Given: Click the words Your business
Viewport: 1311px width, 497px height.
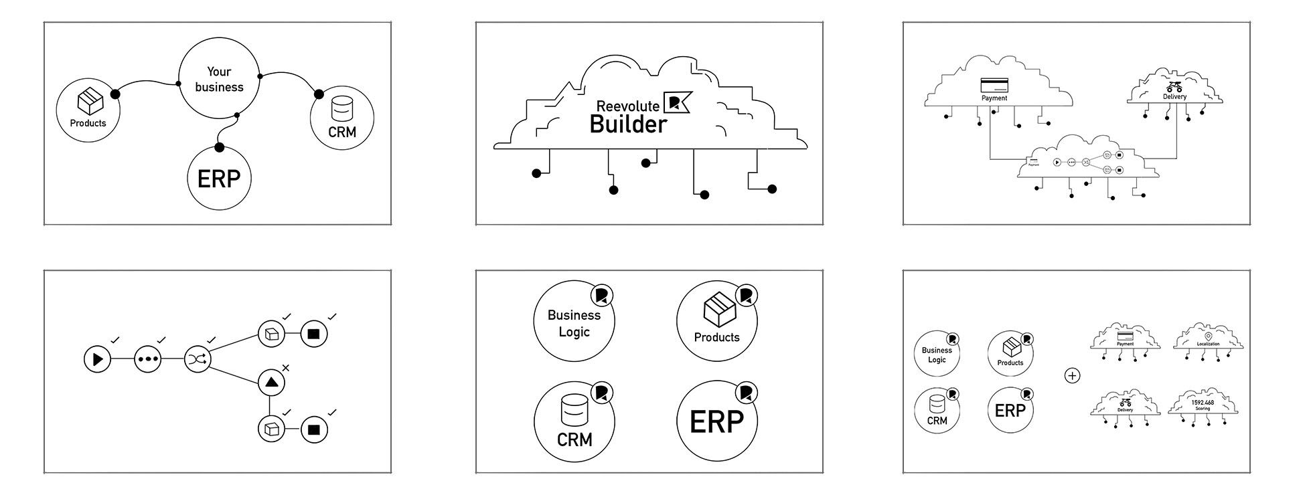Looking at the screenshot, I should [x=219, y=80].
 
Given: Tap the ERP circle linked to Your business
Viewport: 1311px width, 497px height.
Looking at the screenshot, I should [x=219, y=179].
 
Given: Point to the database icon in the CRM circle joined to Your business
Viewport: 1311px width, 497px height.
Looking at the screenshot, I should [x=342, y=108].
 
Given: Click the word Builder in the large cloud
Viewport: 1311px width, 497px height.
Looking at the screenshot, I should [x=628, y=124].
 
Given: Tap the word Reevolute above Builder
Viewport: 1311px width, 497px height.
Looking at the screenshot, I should [x=627, y=106].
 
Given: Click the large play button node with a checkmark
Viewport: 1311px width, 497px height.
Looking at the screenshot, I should [x=97, y=359].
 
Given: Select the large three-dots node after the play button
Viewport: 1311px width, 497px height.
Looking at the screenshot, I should [x=147, y=359].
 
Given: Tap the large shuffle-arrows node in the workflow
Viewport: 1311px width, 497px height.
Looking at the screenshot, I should [x=198, y=359].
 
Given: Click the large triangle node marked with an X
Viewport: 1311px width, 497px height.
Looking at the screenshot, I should [x=271, y=383].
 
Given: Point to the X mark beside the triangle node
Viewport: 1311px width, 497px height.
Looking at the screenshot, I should [x=286, y=367].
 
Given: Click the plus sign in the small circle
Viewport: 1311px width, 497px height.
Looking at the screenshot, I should [x=1072, y=376].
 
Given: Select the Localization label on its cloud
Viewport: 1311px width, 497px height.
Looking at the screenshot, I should [x=1208, y=344].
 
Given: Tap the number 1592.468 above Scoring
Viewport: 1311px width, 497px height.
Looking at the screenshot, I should [x=1203, y=403].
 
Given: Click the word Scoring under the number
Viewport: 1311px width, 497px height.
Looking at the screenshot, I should [x=1203, y=409].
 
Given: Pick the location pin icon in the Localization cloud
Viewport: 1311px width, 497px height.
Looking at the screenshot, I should [x=1208, y=336].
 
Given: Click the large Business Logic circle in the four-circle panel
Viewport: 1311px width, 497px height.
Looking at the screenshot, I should [x=574, y=322].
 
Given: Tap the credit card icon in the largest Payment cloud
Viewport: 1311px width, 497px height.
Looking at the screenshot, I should [x=994, y=86].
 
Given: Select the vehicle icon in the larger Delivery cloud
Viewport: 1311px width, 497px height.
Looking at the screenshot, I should [x=1174, y=87].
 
